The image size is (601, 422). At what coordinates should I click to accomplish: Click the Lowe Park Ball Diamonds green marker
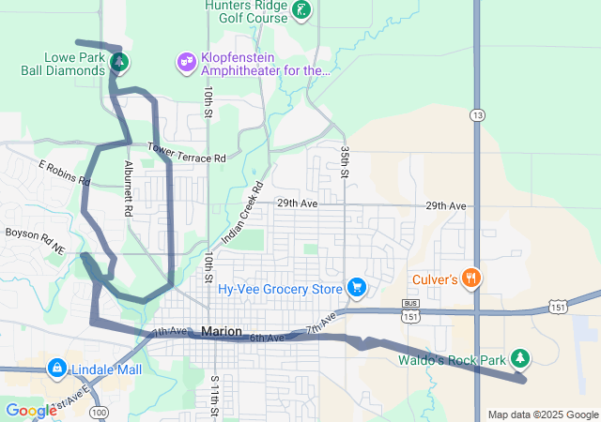(x=118, y=64)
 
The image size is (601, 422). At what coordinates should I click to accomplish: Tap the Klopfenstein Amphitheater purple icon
(x=186, y=63)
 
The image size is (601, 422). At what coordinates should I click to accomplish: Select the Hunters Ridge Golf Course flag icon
(x=300, y=10)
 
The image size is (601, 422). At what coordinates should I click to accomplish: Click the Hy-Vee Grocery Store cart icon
(x=356, y=287)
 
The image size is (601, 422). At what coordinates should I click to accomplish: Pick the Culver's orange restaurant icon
(x=472, y=278)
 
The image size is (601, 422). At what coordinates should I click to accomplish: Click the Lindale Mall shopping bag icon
(x=55, y=367)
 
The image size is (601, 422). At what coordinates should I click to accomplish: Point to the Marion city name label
(x=222, y=332)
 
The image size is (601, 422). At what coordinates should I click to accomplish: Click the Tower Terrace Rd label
(x=186, y=153)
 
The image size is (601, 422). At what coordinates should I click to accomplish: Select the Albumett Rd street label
(x=128, y=188)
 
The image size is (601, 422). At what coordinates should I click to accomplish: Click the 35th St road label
(x=345, y=162)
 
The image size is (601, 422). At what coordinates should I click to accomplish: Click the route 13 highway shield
(x=478, y=114)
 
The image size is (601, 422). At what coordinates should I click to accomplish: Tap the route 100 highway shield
(x=100, y=413)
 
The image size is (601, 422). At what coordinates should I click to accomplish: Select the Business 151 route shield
(x=409, y=309)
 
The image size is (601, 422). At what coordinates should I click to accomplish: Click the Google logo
(x=31, y=411)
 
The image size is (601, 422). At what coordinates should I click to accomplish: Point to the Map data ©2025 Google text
(x=542, y=414)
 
